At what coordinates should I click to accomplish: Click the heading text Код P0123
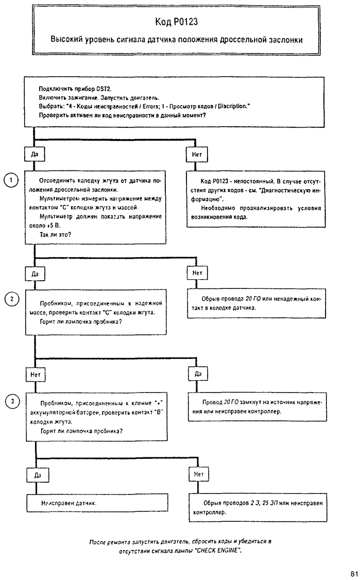click(177, 22)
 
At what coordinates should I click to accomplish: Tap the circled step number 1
click(11, 180)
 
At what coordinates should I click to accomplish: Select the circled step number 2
click(11, 299)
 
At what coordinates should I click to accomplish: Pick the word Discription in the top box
click(232, 107)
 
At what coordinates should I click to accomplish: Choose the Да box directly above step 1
click(35, 154)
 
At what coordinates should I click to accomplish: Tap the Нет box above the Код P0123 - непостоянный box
click(197, 155)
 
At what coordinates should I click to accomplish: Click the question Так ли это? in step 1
click(56, 234)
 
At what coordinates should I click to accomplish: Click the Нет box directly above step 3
click(36, 374)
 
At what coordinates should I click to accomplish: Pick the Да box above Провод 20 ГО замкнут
click(198, 373)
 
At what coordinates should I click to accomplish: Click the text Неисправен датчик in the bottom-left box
click(69, 503)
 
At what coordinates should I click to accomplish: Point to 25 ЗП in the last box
click(270, 503)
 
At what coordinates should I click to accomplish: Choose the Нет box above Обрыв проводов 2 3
click(199, 474)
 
